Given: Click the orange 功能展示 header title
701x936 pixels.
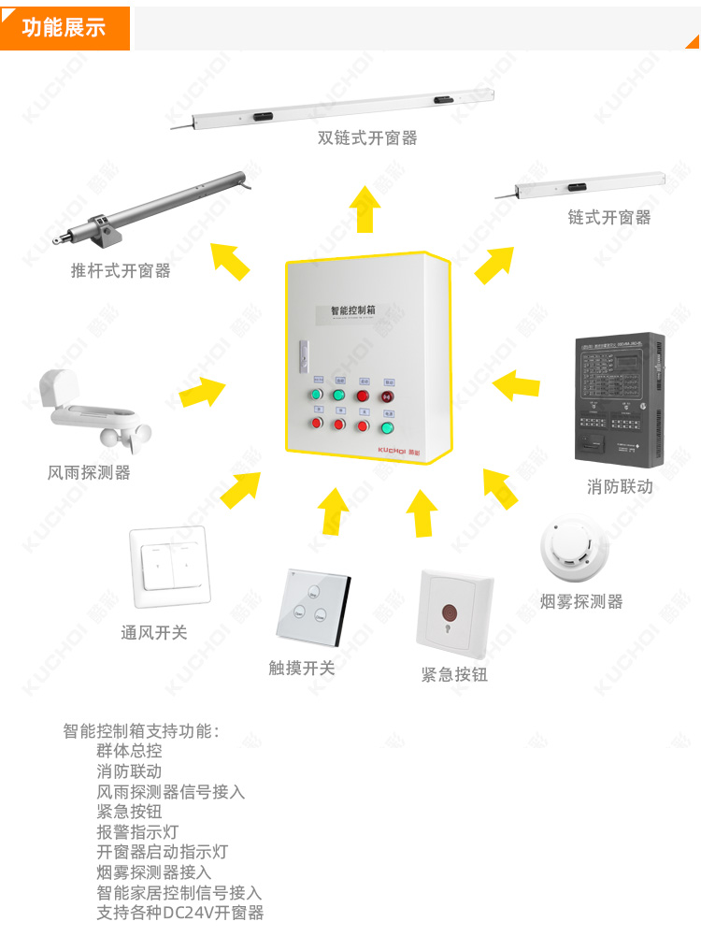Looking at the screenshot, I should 64,27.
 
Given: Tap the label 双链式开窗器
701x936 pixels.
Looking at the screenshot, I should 367,138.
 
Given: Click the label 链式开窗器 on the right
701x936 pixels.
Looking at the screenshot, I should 608,217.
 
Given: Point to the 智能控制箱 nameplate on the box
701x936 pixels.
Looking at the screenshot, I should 354,310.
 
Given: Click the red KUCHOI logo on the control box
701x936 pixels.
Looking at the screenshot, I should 400,449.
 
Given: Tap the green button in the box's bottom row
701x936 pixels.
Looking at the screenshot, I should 387,428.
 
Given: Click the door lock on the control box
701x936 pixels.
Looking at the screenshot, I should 303,353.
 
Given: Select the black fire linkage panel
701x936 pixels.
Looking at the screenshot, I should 619,396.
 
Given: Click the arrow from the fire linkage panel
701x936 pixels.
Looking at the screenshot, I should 516,384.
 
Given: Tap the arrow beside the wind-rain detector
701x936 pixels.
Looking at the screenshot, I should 202,390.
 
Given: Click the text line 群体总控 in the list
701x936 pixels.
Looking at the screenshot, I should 129,751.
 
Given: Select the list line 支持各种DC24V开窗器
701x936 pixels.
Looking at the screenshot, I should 180,913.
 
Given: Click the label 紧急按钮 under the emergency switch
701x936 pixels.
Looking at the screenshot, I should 454,674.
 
